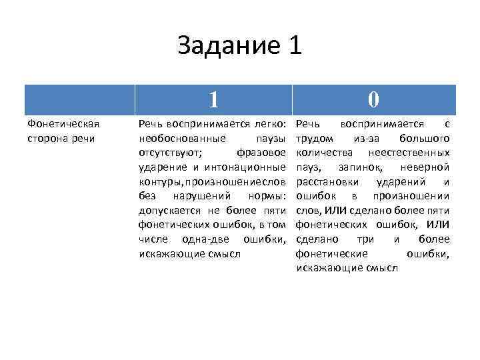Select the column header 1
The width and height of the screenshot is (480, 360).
coord(213,99)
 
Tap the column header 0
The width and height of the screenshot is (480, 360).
coord(373,99)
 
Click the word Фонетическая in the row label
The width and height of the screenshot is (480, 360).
coord(62,124)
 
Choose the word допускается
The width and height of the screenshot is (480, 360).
coord(168,210)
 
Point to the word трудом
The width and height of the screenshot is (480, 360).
coord(313,139)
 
